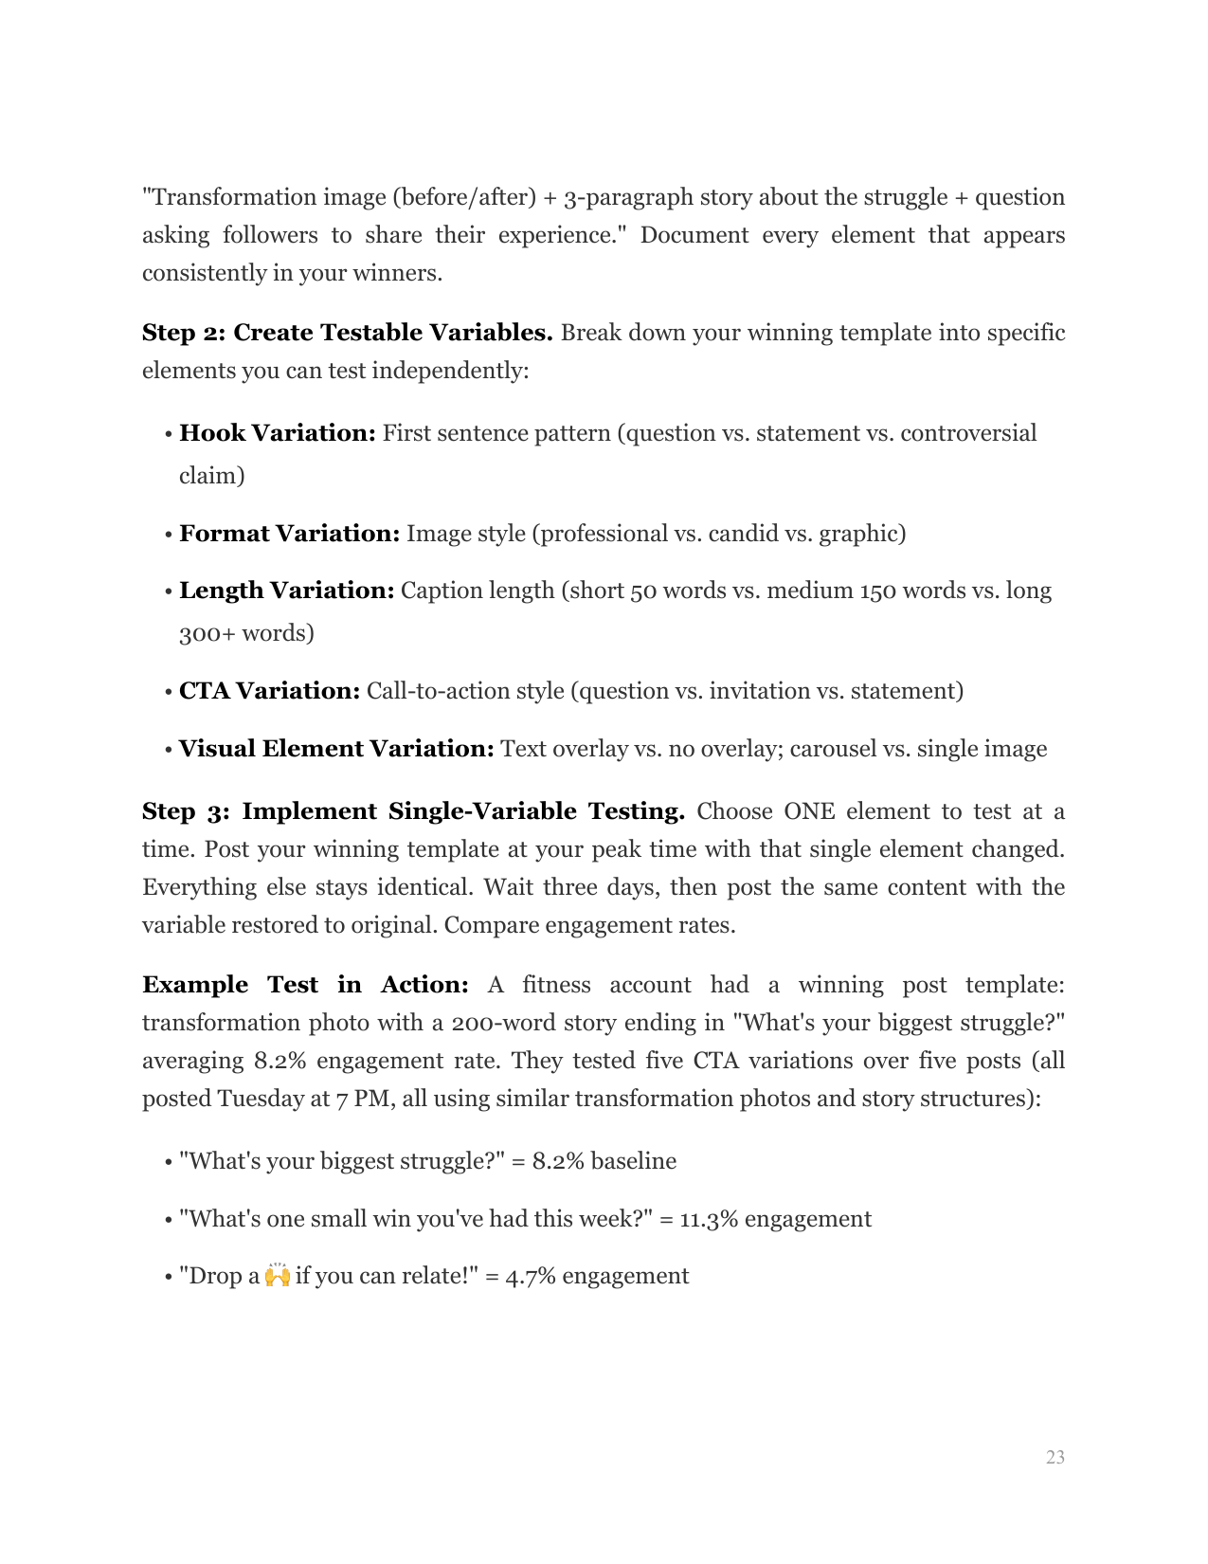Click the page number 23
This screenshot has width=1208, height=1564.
coord(1055,1457)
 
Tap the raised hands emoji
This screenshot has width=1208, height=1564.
coord(277,1275)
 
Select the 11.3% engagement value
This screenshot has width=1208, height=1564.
coord(704,1218)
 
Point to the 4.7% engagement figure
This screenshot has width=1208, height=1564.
coord(530,1275)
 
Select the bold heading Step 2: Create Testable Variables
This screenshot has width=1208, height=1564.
coord(347,333)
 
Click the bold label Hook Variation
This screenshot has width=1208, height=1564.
coord(277,433)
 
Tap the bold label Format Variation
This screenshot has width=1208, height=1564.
coord(289,534)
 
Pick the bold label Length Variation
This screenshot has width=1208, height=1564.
coord(286,591)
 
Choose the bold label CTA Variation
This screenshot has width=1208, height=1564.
coord(269,691)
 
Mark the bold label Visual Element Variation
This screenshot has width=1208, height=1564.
coord(336,749)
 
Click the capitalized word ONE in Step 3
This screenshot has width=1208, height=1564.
coord(809,811)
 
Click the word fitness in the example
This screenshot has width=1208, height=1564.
coord(556,985)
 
